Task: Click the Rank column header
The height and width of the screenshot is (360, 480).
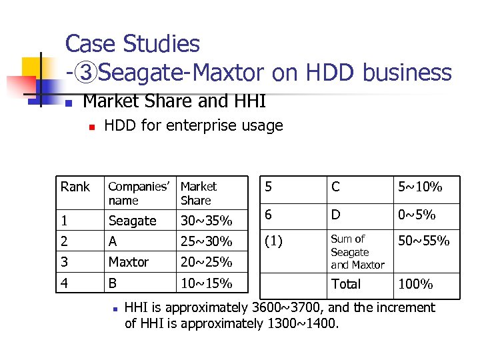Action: pyautogui.click(x=75, y=187)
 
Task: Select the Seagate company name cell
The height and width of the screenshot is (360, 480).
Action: pyautogui.click(x=132, y=221)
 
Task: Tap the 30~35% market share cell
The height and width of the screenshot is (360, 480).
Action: pyautogui.click(x=206, y=221)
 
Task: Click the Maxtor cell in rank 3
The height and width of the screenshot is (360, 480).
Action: pyautogui.click(x=128, y=262)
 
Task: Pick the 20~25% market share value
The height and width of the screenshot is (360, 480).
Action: pyautogui.click(x=206, y=262)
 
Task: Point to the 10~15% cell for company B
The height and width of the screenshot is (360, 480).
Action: pyautogui.click(x=206, y=284)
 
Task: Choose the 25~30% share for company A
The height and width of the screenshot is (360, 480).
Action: pyautogui.click(x=206, y=241)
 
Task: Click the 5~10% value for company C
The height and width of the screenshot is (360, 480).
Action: pyautogui.click(x=419, y=187)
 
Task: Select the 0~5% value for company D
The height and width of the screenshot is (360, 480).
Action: pyautogui.click(x=417, y=215)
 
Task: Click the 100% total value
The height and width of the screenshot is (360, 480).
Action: pyautogui.click(x=415, y=284)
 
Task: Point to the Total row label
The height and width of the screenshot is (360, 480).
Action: pyautogui.click(x=346, y=284)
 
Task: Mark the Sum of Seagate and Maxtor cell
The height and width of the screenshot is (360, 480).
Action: pyautogui.click(x=357, y=252)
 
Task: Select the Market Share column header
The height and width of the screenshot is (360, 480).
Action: pyautogui.click(x=198, y=193)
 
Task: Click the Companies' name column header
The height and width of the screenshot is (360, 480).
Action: pyautogui.click(x=139, y=193)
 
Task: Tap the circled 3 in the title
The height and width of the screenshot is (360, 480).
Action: pyautogui.click(x=85, y=72)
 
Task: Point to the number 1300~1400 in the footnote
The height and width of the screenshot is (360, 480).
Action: pyautogui.click(x=303, y=324)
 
